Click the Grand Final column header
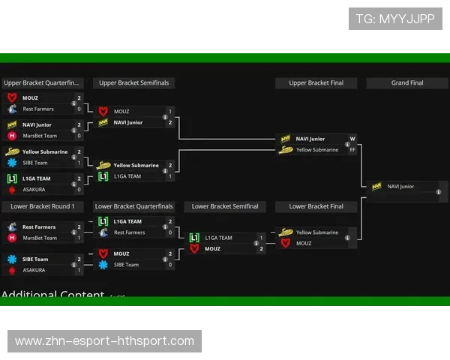(x=406, y=83)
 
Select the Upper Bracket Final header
(x=316, y=83)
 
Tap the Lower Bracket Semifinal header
(x=225, y=206)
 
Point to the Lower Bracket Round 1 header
(x=43, y=206)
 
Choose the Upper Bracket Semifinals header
(x=133, y=83)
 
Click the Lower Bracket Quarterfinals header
(x=133, y=206)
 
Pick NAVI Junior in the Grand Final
(x=400, y=187)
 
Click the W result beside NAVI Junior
(x=352, y=139)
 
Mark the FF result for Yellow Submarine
(x=352, y=150)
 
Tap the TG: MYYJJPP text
(x=395, y=19)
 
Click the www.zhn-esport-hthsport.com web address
(x=104, y=341)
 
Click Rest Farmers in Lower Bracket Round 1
(x=39, y=226)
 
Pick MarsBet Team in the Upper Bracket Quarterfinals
(x=40, y=136)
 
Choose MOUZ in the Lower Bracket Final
(x=304, y=243)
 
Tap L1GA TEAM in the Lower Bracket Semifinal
(x=218, y=238)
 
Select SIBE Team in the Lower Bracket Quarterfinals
(x=126, y=265)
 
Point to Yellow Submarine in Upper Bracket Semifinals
(x=136, y=166)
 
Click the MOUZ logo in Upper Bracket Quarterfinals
(x=12, y=98)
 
